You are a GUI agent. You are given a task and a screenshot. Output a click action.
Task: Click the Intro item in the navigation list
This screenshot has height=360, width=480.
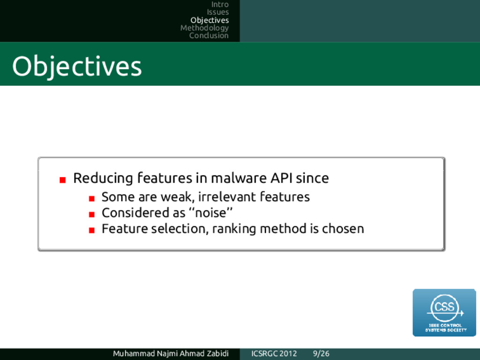(x=220, y=5)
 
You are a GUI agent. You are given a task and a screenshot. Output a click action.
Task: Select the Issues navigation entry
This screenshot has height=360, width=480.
(x=217, y=12)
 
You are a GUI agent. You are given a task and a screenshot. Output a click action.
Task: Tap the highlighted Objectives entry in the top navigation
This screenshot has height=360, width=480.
(x=210, y=20)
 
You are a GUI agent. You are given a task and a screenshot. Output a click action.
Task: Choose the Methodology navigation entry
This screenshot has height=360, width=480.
(x=204, y=28)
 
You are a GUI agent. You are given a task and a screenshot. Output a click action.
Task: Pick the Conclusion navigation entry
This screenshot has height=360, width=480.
(x=209, y=36)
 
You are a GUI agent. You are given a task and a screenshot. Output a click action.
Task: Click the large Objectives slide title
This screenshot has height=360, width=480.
(x=77, y=67)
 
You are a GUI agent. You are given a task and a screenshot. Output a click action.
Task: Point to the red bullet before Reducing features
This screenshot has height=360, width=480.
(x=63, y=180)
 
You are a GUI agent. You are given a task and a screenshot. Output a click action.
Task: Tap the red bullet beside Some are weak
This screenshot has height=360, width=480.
(x=91, y=199)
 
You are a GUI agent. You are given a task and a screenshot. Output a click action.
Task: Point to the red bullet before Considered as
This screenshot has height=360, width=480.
(x=91, y=215)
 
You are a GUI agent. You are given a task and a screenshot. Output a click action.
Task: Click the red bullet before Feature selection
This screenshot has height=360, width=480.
(x=91, y=230)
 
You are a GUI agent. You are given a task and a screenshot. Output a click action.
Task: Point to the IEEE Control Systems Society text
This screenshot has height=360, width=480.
(x=446, y=328)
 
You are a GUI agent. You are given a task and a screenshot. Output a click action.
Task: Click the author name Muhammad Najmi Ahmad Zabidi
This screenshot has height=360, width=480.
(x=171, y=353)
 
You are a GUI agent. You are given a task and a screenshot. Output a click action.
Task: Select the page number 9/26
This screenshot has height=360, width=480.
(x=321, y=353)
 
